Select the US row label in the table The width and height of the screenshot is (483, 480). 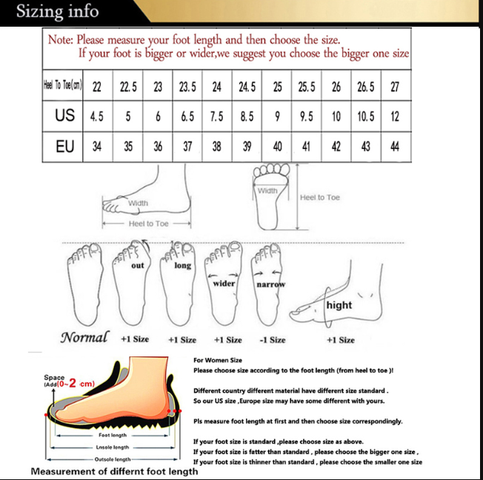click(64, 116)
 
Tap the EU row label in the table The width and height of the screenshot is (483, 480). click(64, 147)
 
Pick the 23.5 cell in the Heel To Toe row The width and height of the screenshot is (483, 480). click(187, 87)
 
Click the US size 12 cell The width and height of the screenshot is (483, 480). click(395, 116)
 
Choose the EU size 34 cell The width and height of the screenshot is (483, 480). click(97, 147)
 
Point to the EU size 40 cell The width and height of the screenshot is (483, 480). click(277, 147)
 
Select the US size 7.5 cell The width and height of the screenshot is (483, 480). click(217, 116)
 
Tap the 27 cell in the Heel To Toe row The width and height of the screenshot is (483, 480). click(395, 87)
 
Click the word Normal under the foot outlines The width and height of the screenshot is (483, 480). click(84, 338)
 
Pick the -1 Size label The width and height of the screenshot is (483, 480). click(272, 340)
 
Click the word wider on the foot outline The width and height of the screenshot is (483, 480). click(224, 283)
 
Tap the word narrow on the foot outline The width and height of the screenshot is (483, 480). click(270, 284)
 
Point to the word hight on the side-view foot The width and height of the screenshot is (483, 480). click(339, 305)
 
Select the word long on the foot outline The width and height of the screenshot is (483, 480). click(183, 265)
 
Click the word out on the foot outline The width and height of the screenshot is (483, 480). click(138, 265)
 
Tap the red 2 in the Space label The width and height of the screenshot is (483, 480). click(72, 383)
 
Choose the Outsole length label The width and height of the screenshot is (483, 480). click(113, 459)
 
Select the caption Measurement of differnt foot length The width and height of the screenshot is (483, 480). click(114, 471)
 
